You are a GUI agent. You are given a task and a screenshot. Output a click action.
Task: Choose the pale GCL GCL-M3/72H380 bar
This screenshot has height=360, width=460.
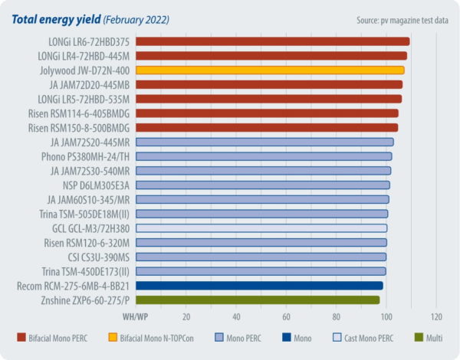pos(261,227)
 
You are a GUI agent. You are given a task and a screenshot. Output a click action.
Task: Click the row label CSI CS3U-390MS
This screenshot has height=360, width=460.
pos(94,257)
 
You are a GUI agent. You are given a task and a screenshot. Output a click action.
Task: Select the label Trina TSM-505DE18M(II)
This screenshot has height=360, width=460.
pos(85,214)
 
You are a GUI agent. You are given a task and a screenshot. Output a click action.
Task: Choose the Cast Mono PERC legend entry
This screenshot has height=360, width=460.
pos(366,337)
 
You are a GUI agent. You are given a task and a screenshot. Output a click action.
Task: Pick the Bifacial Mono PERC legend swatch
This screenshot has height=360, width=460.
pos(21,337)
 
